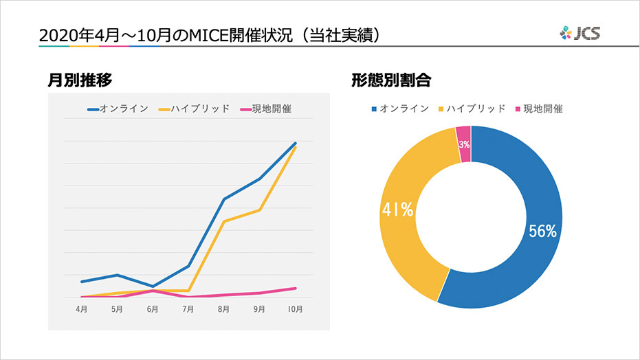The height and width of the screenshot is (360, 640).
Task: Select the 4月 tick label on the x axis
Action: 82,310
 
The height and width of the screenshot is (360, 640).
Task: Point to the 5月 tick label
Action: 117,310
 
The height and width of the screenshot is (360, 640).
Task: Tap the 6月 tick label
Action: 153,310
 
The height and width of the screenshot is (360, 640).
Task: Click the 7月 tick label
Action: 188,310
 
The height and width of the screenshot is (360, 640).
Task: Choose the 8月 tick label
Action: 224,310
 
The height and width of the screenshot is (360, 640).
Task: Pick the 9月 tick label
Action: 259,310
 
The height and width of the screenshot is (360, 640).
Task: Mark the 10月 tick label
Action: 295,310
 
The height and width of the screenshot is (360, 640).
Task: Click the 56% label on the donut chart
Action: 542,232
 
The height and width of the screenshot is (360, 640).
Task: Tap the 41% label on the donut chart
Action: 397,210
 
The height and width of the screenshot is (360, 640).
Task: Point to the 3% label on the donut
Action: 464,144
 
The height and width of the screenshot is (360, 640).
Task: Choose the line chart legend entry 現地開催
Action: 265,109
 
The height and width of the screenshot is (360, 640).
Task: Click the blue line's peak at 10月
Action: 295,144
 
